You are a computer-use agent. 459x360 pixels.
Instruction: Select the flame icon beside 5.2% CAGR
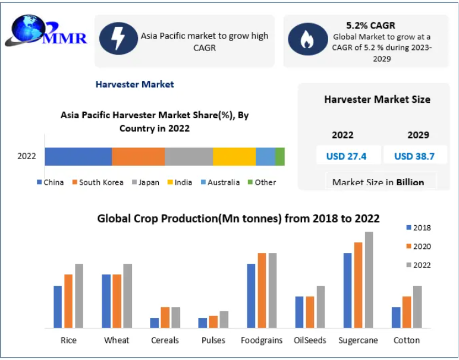(307, 39)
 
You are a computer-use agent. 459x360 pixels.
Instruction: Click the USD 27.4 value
(346, 156)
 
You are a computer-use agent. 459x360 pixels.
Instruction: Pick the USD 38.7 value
(414, 156)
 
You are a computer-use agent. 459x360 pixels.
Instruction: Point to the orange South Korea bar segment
(138, 156)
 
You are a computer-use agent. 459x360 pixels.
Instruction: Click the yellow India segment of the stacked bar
(234, 156)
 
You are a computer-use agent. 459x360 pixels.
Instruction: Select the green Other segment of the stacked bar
(280, 156)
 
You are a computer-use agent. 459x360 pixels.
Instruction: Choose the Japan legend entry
(145, 182)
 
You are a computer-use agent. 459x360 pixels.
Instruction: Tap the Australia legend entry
(219, 182)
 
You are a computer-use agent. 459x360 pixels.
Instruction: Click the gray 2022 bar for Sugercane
(369, 280)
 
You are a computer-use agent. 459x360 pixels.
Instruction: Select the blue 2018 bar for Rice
(58, 307)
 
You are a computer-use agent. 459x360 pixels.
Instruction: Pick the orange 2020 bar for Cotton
(407, 312)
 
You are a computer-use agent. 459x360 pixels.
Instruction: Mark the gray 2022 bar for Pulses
(224, 320)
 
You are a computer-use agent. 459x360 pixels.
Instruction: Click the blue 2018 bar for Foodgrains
(251, 296)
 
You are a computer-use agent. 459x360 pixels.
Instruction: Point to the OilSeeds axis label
(310, 340)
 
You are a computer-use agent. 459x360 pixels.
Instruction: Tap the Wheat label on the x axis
(117, 340)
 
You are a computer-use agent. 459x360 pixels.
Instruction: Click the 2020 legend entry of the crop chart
(418, 247)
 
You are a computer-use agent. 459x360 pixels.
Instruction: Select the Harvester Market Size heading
(377, 99)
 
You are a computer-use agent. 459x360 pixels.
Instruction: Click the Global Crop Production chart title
(238, 219)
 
